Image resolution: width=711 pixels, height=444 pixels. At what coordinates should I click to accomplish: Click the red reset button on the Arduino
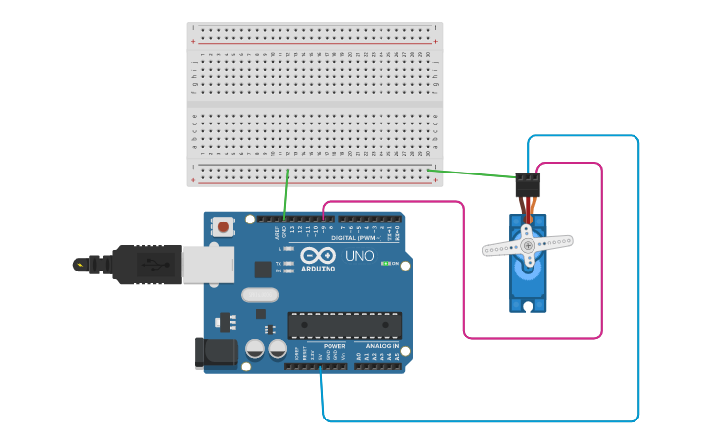224,227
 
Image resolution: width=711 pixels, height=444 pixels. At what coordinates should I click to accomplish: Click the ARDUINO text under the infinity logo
318,268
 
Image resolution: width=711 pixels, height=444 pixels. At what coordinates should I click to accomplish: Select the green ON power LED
386,263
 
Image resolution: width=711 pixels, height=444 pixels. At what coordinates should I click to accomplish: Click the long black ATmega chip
344,325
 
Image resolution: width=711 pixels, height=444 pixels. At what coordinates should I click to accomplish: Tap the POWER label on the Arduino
334,346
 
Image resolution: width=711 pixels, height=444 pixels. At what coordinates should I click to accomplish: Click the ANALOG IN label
382,346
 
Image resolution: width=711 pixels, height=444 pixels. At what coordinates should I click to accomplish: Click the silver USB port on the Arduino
208,264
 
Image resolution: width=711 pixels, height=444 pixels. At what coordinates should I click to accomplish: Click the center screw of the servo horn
528,244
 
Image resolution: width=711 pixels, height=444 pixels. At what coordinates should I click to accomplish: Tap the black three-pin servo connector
527,184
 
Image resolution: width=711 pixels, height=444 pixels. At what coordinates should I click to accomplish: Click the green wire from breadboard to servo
471,173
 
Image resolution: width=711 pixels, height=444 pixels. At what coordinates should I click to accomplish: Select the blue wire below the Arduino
481,421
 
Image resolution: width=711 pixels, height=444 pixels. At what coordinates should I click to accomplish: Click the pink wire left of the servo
464,274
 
